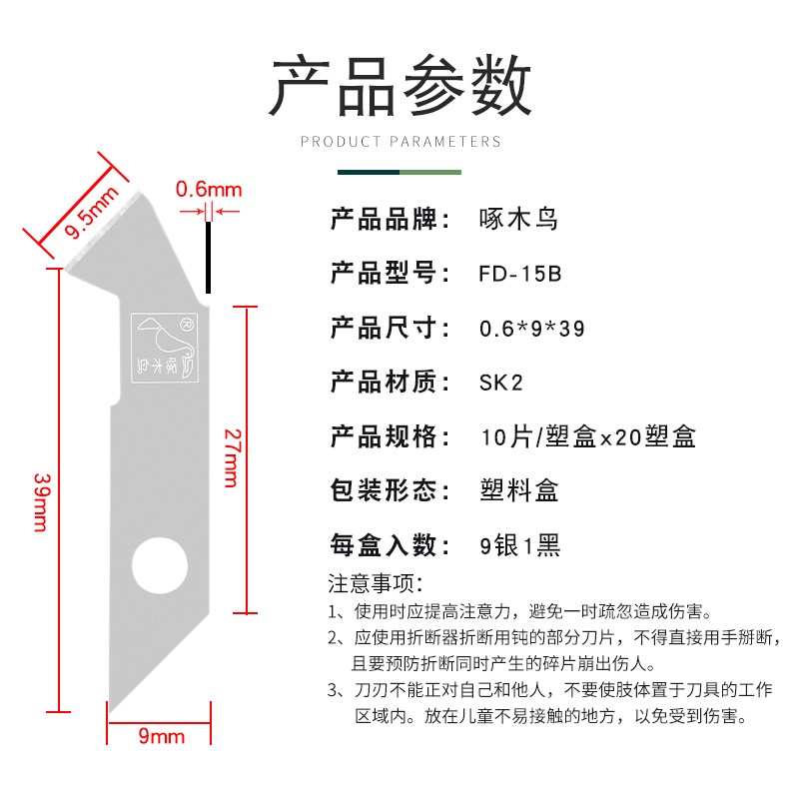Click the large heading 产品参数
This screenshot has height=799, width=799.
(400, 86)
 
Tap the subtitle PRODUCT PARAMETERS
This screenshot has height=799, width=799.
(400, 142)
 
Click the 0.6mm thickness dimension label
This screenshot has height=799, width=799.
(209, 189)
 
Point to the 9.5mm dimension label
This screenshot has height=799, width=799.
(91, 212)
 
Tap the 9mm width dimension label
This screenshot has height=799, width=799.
(161, 737)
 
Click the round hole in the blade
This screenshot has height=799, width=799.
(159, 566)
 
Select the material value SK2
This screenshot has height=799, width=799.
(500, 382)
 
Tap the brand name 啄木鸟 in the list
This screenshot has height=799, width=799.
(518, 219)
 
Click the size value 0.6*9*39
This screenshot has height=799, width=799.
(531, 328)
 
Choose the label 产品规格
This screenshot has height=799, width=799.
(384, 436)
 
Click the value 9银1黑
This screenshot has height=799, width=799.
(520, 545)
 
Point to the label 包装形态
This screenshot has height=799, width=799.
(384, 490)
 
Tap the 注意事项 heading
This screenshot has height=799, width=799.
(376, 582)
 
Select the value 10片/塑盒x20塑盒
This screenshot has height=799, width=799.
(587, 436)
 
